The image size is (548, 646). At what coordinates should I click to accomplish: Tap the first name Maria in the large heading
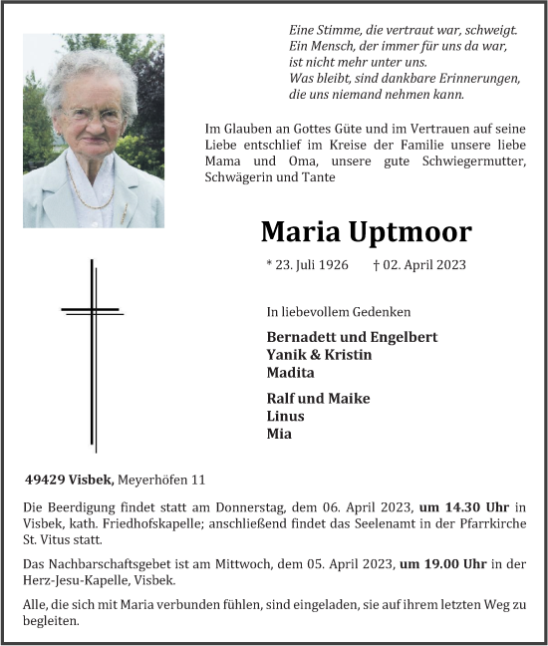pyautogui.click(x=299, y=232)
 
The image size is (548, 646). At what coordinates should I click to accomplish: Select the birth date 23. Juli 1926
pyautogui.click(x=308, y=265)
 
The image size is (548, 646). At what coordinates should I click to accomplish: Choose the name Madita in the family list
pyautogui.click(x=290, y=373)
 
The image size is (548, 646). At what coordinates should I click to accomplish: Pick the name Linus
pyautogui.click(x=286, y=416)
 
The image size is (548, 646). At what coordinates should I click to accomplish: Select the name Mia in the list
pyautogui.click(x=279, y=434)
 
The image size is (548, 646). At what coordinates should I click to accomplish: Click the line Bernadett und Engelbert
pyautogui.click(x=352, y=337)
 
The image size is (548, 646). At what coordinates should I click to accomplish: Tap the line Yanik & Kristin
pyautogui.click(x=319, y=355)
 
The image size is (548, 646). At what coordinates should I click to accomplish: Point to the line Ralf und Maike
pyautogui.click(x=319, y=398)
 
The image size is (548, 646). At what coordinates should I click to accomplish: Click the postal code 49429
pyautogui.click(x=45, y=480)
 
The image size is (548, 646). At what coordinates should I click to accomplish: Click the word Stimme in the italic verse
pyautogui.click(x=336, y=31)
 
